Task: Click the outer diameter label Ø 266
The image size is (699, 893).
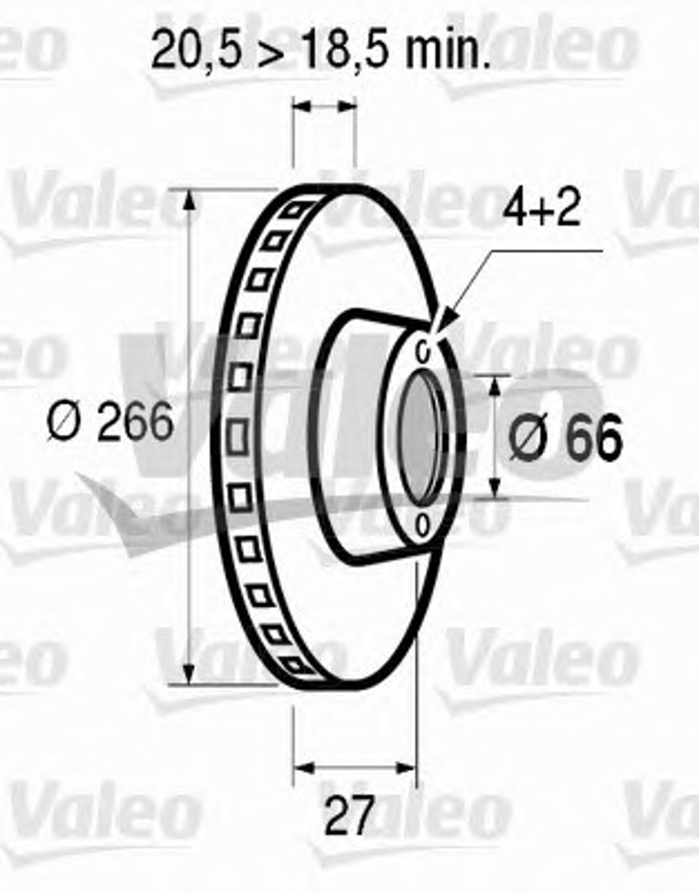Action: pos(110,421)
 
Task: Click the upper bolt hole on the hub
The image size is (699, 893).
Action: pos(423,351)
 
